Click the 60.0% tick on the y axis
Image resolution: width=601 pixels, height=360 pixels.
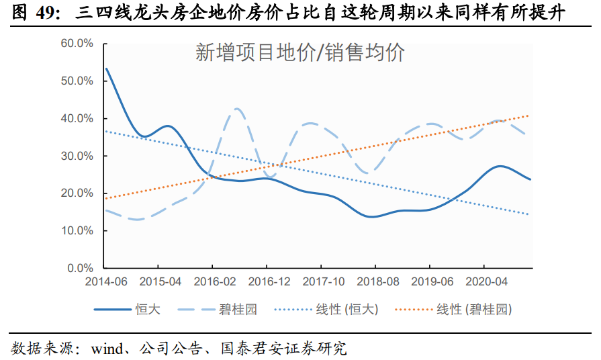point(77,44)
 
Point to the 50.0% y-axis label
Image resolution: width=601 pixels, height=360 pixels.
point(77,81)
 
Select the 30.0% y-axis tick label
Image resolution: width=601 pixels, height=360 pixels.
point(77,156)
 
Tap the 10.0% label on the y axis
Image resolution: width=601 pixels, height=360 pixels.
point(77,231)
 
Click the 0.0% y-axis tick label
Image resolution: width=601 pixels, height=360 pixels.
point(79,269)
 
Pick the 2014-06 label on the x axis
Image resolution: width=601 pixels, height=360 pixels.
point(107,281)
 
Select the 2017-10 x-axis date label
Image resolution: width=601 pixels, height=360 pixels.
point(324,281)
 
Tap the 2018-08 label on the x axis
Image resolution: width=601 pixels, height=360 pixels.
point(378,281)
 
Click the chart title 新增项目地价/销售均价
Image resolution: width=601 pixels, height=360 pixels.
point(300,53)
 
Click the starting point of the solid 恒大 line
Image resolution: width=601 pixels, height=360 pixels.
point(107,69)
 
